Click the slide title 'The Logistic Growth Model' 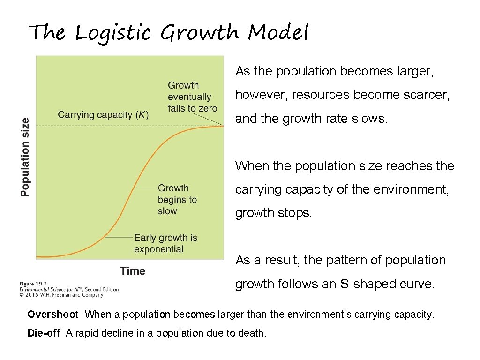click(169, 33)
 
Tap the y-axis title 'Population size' click(25, 157)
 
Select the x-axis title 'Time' click(133, 271)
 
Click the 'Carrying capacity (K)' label click(103, 115)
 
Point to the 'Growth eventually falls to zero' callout click(192, 97)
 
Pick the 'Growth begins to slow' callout click(177, 200)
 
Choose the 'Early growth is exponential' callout click(165, 243)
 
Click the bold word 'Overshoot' click(53, 315)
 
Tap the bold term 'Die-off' click(44, 333)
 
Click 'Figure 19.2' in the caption click(33, 284)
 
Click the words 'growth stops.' click(273, 213)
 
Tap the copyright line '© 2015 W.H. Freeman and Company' click(61, 295)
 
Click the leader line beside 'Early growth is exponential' click(119, 238)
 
